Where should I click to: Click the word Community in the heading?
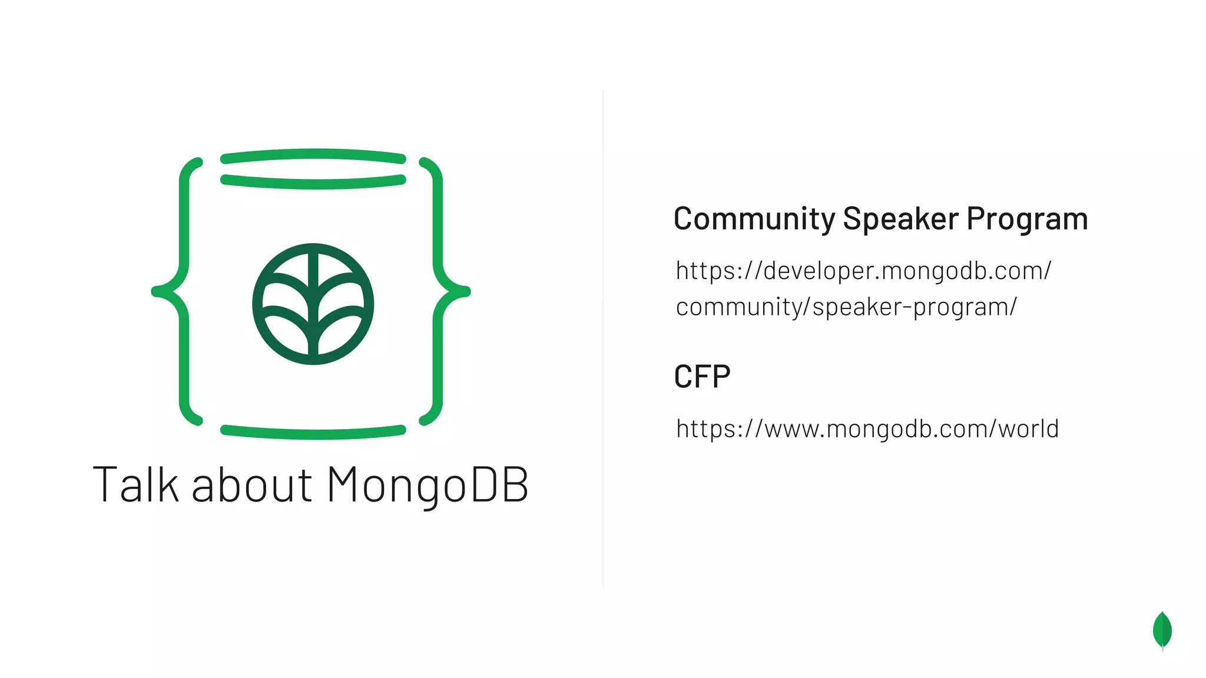pos(754,220)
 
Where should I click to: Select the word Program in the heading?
pos(1027,220)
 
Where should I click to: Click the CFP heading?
pos(702,377)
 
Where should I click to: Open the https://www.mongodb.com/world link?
pos(867,429)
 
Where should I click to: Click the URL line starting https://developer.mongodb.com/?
pos(863,271)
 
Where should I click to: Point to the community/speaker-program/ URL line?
pos(846,307)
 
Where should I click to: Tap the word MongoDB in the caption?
pos(428,485)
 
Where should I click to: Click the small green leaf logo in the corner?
pos(1162,630)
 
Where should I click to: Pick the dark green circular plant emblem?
pos(313,304)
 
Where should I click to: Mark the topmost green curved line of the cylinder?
pos(313,155)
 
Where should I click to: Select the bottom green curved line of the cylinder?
pos(313,433)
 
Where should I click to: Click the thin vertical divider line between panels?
pos(603,339)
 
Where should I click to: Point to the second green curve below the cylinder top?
pos(313,182)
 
